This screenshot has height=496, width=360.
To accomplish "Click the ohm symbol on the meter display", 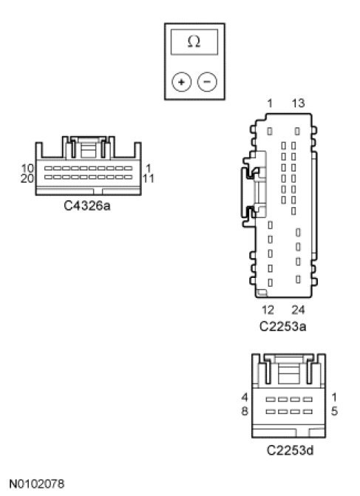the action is (x=194, y=41).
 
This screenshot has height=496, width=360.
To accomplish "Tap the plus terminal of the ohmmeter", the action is (x=181, y=82).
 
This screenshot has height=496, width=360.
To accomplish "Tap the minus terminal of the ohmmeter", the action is (x=207, y=82).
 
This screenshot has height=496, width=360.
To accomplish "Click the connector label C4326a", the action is (x=87, y=205).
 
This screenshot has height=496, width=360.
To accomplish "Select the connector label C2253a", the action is (x=282, y=326).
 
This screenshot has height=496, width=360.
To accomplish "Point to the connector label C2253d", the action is (x=290, y=450).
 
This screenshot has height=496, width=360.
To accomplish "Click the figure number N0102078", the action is (x=37, y=483).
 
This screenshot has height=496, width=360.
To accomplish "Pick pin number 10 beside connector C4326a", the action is (x=27, y=169).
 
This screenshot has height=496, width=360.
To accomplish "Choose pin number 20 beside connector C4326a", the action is (x=27, y=179).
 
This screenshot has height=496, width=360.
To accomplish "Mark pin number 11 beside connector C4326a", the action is (x=148, y=179).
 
